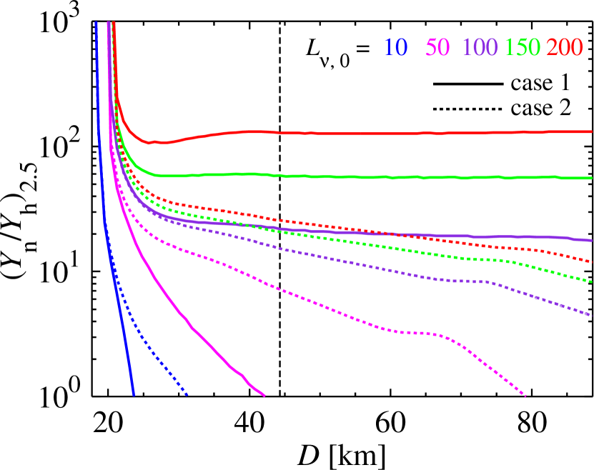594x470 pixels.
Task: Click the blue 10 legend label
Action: [395, 48]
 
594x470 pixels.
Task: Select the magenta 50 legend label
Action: [437, 48]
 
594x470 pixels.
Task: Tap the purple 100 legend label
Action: [480, 48]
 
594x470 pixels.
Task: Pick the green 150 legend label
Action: [523, 48]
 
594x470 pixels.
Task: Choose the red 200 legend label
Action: [565, 48]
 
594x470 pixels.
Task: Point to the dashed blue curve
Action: [157, 361]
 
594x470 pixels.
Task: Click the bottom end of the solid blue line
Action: [133, 394]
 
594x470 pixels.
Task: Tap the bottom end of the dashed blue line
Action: [187, 394]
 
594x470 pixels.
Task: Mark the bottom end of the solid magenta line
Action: [264, 395]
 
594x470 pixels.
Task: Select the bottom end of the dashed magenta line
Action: [526, 395]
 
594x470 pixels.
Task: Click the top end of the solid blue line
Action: [96, 23]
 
